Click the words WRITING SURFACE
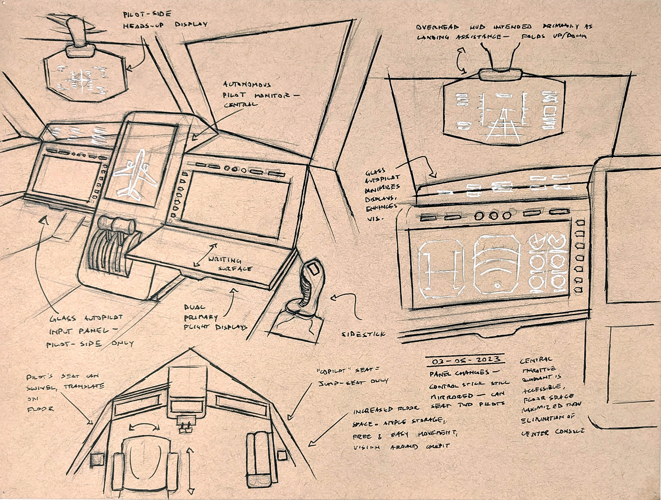coord(230,264)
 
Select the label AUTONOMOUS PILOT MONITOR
coord(255,94)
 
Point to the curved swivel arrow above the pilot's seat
coord(144,427)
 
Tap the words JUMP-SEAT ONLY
coord(353,381)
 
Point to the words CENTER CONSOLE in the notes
coord(552,432)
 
